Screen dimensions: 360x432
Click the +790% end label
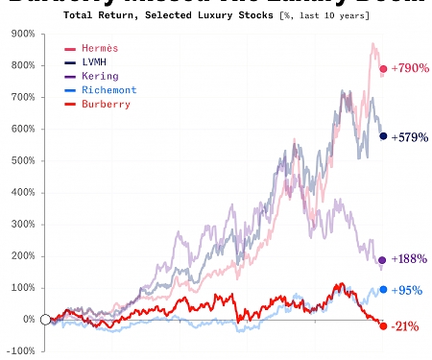(409, 69)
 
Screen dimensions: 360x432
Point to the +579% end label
(410, 136)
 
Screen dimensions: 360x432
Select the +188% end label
(409, 260)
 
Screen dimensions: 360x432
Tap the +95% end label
(406, 290)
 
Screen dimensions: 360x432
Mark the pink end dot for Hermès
(383, 69)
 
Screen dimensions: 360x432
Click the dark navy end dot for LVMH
(383, 136)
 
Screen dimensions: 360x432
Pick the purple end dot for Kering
(383, 260)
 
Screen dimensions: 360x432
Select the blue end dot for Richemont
(383, 290)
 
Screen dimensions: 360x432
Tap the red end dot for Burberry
(383, 326)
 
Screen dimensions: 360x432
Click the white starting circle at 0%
(45, 319)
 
